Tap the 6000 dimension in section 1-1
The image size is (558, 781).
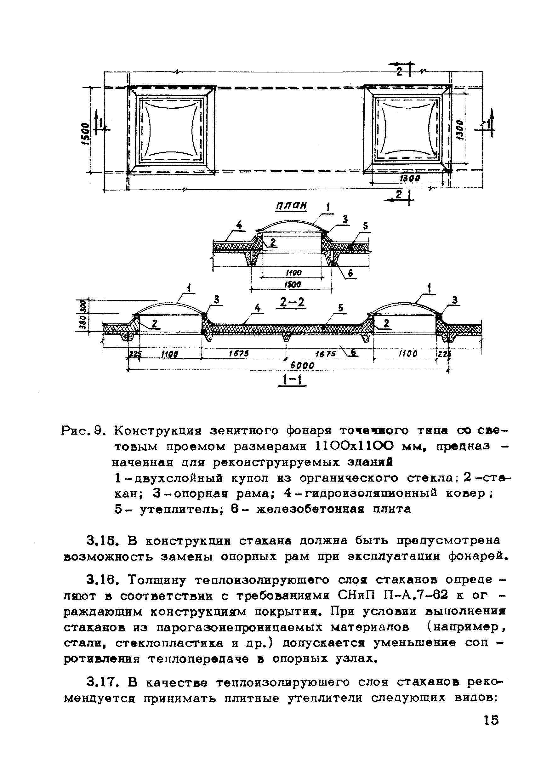(x=302, y=366)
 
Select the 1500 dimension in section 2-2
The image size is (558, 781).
(x=293, y=284)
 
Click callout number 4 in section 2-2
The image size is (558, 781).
(x=239, y=225)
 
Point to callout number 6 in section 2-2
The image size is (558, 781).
(x=350, y=273)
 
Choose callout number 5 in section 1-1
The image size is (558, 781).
(x=340, y=308)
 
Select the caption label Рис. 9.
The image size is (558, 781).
(x=82, y=430)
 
